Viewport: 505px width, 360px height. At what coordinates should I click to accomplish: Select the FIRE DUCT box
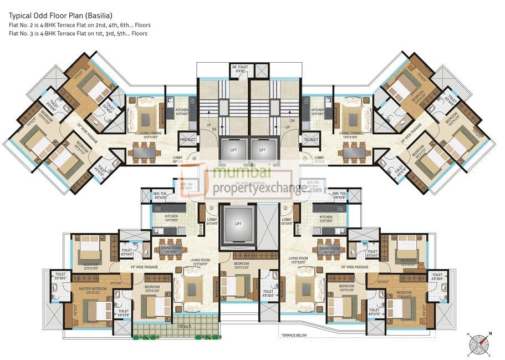(x=187, y=140)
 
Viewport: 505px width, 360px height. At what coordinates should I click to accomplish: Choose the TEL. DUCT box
(x=308, y=140)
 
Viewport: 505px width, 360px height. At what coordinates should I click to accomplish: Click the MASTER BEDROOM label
(x=84, y=293)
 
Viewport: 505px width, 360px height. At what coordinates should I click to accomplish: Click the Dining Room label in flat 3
(x=171, y=250)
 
